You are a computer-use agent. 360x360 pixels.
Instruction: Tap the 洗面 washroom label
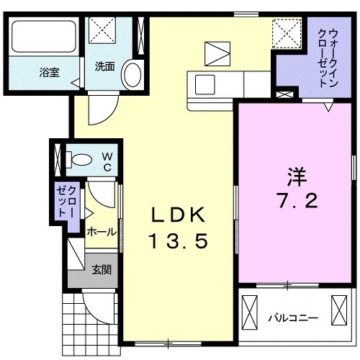(105, 67)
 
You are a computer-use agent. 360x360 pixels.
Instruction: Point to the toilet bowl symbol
(81, 159)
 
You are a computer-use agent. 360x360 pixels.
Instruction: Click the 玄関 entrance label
(102, 271)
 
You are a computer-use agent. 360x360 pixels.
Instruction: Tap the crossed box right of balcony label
(338, 311)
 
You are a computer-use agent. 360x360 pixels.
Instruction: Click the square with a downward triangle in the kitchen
(215, 54)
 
